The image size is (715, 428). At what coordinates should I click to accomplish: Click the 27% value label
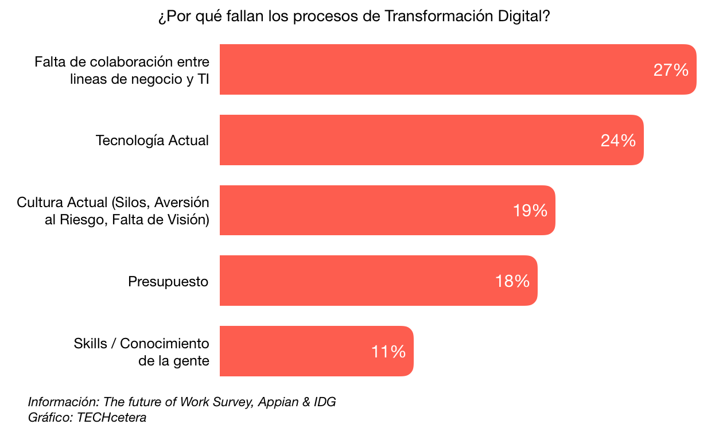pos(671,70)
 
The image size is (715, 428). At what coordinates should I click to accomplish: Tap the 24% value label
pos(618,141)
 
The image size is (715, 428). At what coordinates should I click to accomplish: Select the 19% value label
pos(530,211)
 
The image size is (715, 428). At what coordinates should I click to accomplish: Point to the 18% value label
pos(512,281)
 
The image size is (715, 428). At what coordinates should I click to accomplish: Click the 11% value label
pos(388,352)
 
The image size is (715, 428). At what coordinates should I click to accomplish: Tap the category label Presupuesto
pos(168,282)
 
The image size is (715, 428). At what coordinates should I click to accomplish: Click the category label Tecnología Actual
pos(152,141)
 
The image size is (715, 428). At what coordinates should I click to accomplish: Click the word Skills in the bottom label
pos(90,343)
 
